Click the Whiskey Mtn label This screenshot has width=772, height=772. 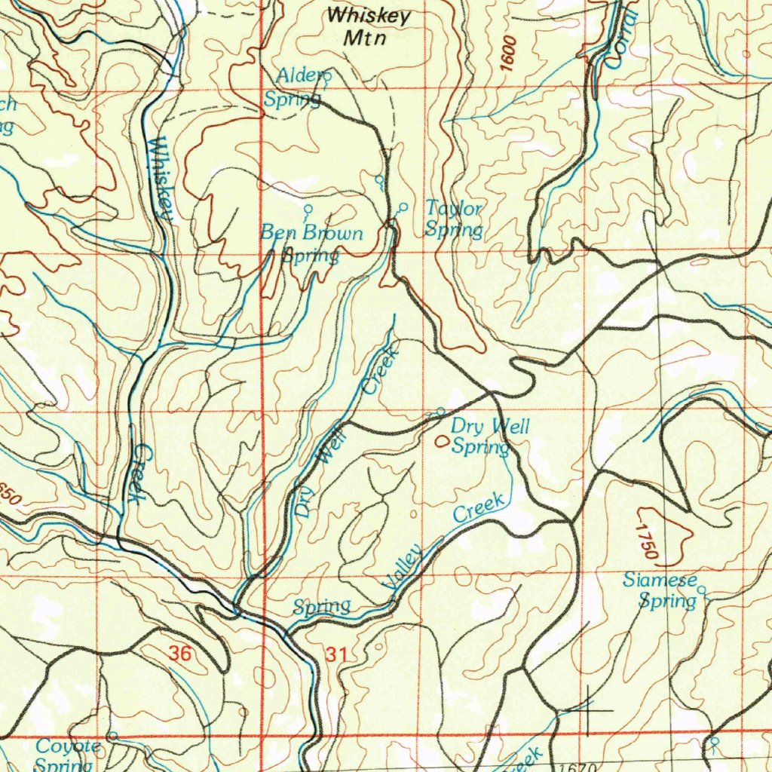369,26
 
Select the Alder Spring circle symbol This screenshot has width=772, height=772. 327,75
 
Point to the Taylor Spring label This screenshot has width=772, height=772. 453,219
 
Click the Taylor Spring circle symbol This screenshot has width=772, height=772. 403,207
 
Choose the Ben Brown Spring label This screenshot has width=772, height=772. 311,244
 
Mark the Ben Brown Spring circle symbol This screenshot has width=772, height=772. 307,209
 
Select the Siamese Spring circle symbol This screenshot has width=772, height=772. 701,590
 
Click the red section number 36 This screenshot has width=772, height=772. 179,654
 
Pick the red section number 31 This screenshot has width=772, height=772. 336,656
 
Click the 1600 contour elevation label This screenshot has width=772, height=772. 508,54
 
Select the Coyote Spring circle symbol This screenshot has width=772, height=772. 112,735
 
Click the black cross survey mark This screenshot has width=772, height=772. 588,710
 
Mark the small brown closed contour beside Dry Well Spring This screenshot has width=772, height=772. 441,440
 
